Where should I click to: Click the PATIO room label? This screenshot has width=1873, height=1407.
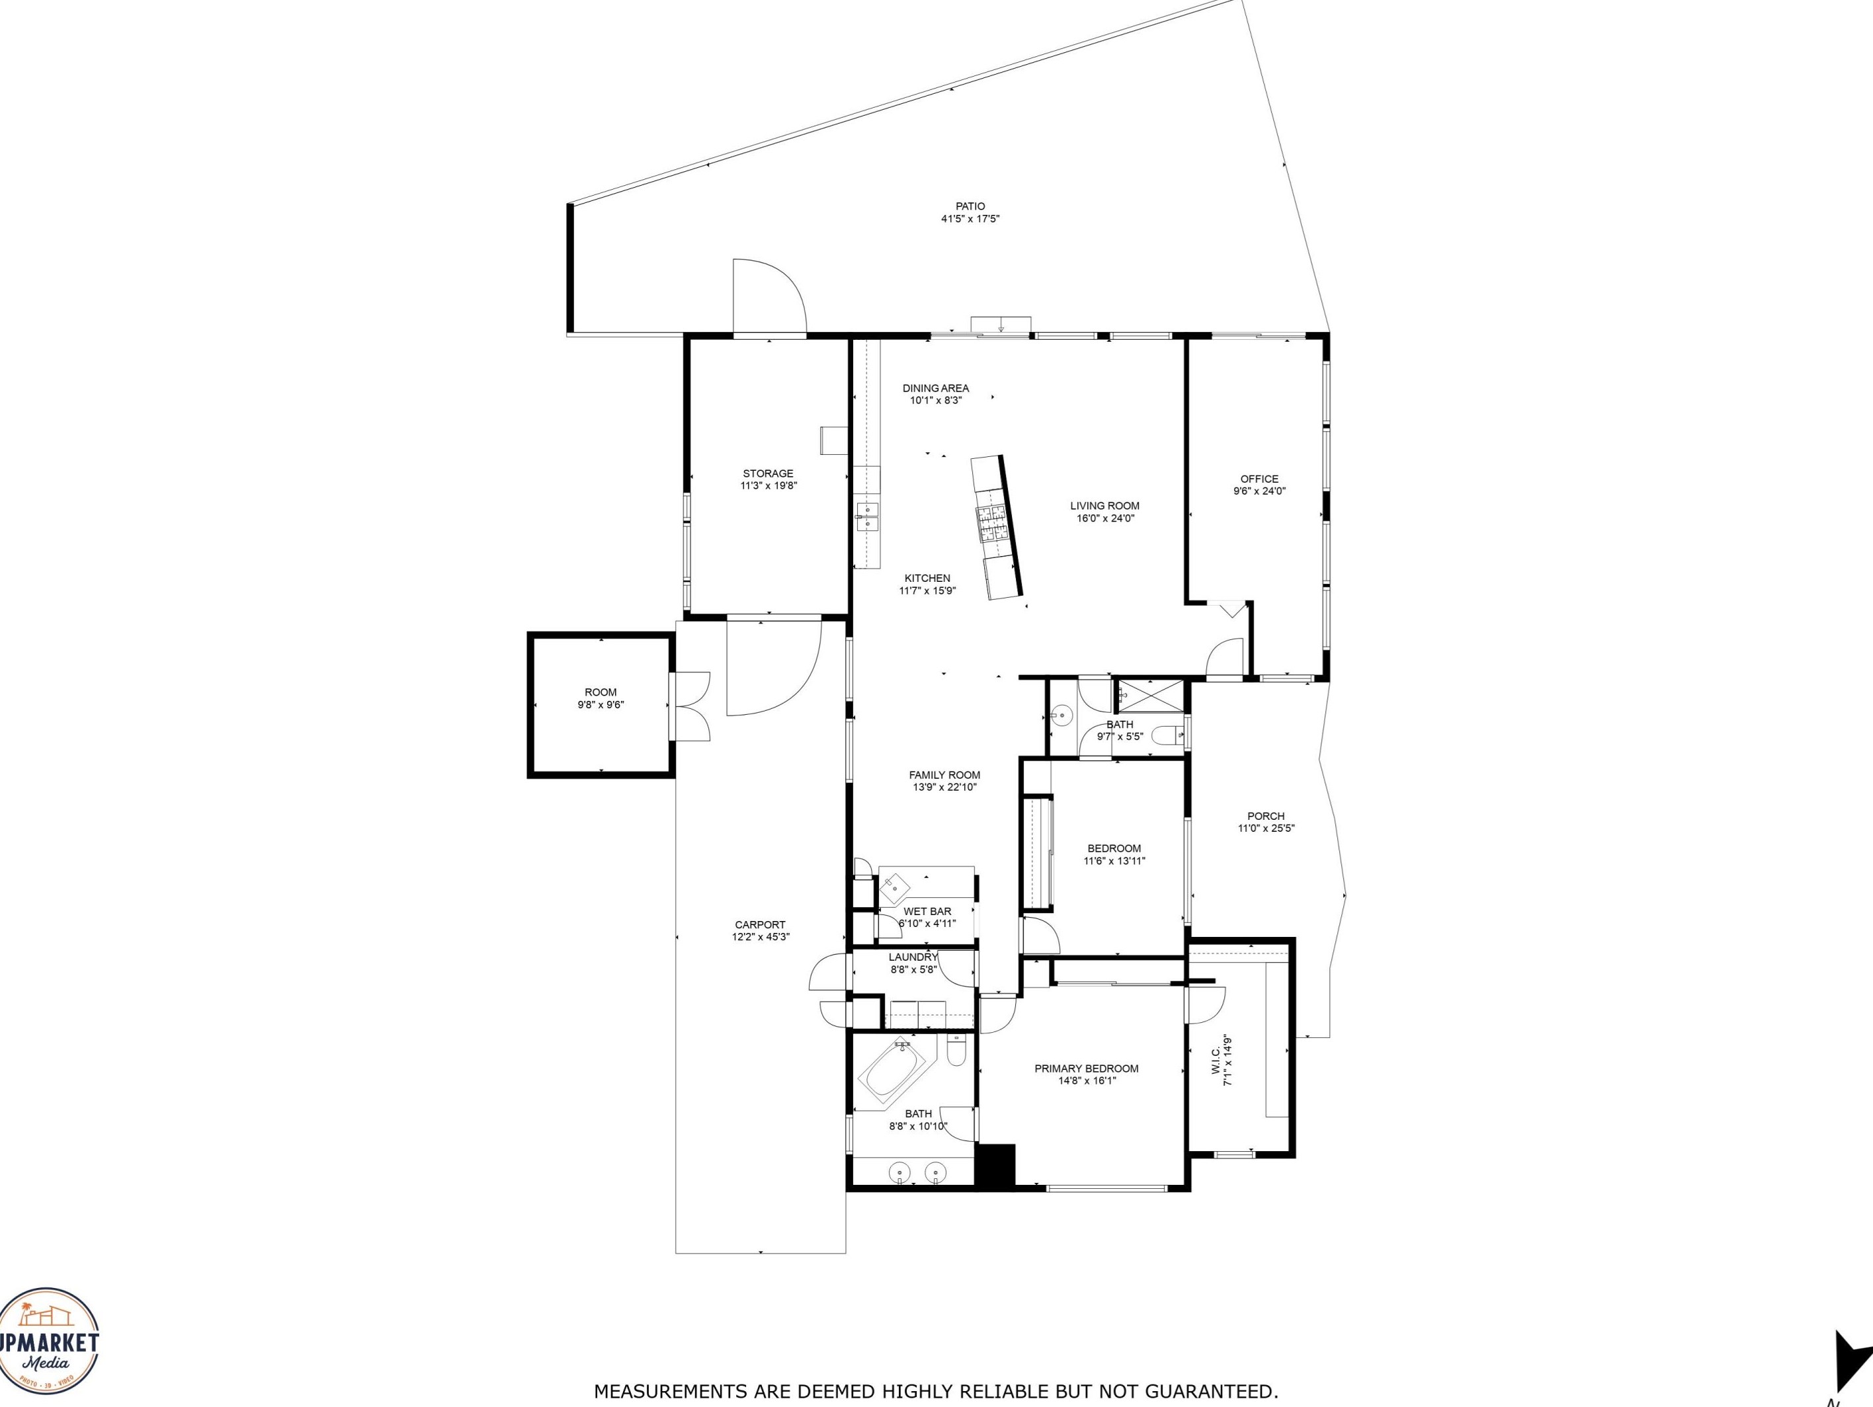(x=970, y=206)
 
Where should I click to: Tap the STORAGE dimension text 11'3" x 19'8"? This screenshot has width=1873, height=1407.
(x=769, y=486)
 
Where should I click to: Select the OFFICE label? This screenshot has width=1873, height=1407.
(x=1259, y=479)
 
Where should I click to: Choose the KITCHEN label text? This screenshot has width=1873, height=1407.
(x=927, y=579)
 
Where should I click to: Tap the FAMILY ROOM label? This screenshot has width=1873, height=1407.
(x=945, y=775)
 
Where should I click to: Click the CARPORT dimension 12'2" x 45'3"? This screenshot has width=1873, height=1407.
(x=761, y=937)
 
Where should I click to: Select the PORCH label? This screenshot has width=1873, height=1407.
(x=1266, y=816)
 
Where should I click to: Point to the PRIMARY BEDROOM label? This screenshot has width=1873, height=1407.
(x=1087, y=1068)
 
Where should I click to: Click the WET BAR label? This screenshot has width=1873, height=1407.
(x=927, y=912)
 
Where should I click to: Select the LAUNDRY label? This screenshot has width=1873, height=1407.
(x=913, y=957)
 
